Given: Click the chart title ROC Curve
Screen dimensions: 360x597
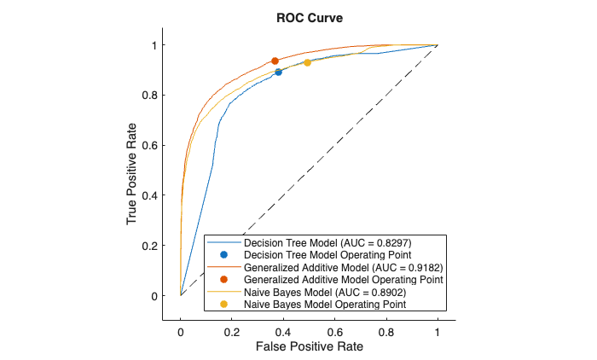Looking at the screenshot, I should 299,17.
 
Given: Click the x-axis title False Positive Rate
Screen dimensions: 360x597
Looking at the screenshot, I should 308,346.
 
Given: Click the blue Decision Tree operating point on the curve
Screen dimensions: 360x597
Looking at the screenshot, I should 278,72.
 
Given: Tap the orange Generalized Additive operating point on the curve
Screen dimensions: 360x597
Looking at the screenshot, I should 275,61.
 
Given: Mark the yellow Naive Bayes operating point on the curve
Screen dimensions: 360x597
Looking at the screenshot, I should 307,63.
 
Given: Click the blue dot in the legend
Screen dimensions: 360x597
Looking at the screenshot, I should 223,255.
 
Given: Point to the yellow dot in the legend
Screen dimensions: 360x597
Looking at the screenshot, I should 223,304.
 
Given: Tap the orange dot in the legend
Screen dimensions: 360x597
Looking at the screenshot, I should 223,279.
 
